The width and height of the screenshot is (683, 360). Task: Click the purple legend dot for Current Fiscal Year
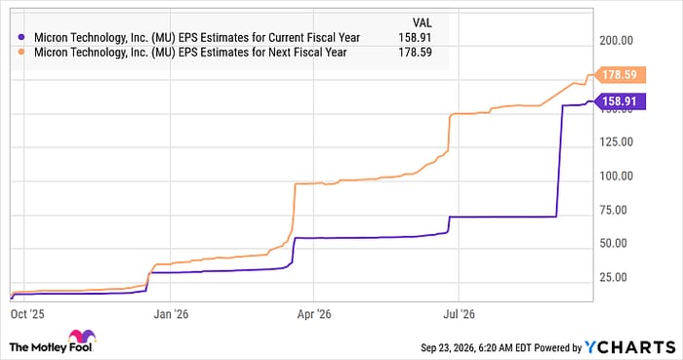click(20, 37)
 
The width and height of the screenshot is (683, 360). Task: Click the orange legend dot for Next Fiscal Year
click(20, 53)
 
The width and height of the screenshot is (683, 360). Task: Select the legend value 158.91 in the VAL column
click(415, 37)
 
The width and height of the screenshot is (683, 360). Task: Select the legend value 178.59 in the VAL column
click(415, 53)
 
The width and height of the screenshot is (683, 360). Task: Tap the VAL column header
click(422, 22)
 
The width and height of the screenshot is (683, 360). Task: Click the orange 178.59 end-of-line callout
click(620, 75)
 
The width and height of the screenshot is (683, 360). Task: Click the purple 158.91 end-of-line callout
click(620, 101)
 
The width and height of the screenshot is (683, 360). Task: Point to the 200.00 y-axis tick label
click(616, 40)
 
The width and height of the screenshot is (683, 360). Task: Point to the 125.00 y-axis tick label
click(616, 141)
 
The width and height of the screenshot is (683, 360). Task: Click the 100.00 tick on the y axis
click(616, 176)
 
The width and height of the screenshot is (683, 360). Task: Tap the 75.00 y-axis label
click(614, 210)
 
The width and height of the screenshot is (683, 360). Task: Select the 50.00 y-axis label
click(614, 243)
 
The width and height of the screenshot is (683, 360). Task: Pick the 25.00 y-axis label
click(614, 277)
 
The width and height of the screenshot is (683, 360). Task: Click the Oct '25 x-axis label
click(27, 314)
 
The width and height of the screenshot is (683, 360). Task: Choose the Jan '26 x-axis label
click(171, 314)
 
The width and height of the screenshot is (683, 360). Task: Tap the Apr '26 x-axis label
click(314, 314)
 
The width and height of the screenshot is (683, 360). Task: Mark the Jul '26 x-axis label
click(460, 314)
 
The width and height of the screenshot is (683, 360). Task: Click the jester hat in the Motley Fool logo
click(82, 337)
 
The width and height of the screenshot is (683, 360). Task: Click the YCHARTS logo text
click(629, 347)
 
